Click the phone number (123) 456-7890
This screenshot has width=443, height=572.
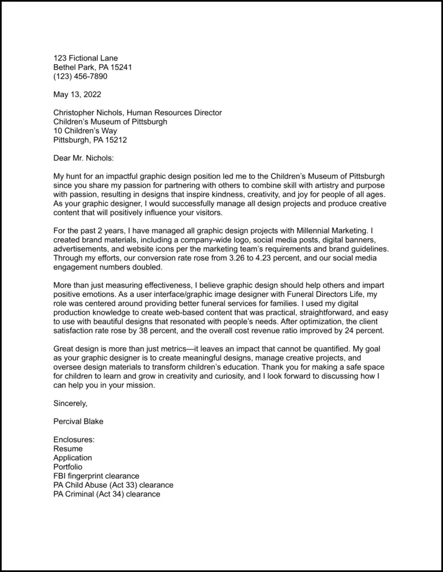pyautogui.click(x=80, y=76)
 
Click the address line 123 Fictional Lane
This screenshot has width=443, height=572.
pyautogui.click(x=85, y=58)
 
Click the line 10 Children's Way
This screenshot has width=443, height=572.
pyautogui.click(x=85, y=131)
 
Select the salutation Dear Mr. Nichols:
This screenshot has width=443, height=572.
pyautogui.click(x=84, y=158)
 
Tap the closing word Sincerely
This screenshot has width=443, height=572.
pyautogui.click(x=70, y=403)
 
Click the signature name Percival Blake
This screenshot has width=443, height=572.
pyautogui.click(x=78, y=421)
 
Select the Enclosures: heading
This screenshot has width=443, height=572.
pyautogui.click(x=74, y=440)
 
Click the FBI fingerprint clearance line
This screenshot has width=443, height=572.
pyautogui.click(x=96, y=476)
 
